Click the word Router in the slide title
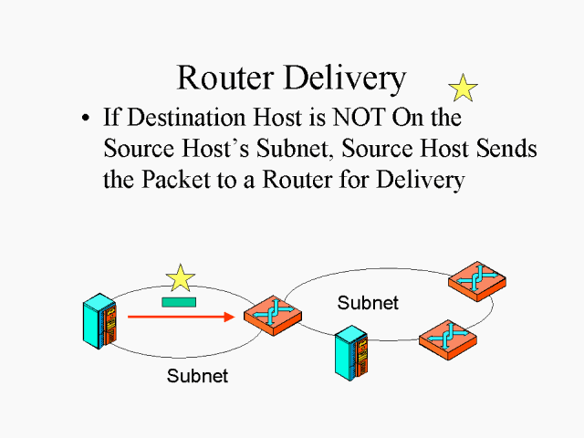(x=225, y=78)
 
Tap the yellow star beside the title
(x=464, y=88)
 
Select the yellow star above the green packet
(x=181, y=278)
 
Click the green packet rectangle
(x=180, y=301)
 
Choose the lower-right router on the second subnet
(x=447, y=338)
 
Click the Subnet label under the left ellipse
(x=197, y=375)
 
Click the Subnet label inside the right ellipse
(x=368, y=302)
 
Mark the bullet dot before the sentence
(x=86, y=119)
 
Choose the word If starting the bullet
(x=111, y=118)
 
